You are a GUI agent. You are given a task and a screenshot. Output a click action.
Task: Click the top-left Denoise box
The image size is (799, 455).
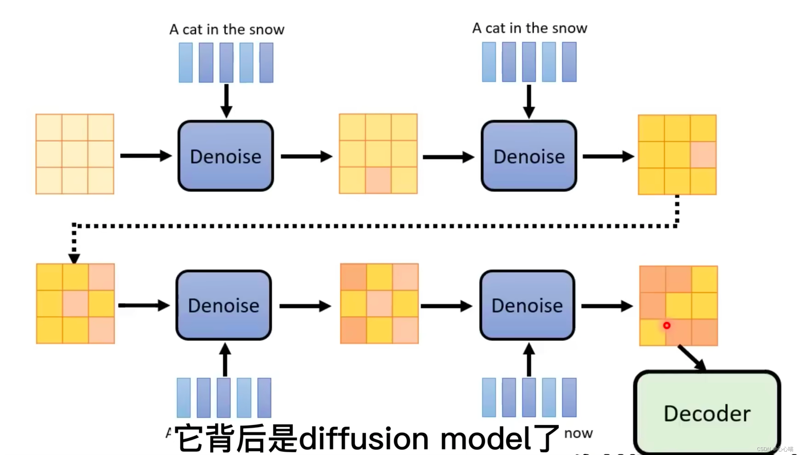225,156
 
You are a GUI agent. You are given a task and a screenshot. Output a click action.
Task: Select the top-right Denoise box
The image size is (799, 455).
529,156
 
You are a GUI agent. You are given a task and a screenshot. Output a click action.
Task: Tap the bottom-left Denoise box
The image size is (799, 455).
223,305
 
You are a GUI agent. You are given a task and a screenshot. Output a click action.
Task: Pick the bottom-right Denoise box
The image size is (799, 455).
527,305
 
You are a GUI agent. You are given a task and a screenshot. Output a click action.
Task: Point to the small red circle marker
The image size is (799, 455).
667,325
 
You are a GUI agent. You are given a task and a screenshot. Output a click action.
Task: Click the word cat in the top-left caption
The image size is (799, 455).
192,30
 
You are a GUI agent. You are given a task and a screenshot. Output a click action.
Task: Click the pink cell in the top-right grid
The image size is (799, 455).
703,155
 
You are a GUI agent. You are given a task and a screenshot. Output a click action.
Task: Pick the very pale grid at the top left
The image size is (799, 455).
75,154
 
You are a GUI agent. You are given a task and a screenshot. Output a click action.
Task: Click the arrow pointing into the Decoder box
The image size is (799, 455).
692,358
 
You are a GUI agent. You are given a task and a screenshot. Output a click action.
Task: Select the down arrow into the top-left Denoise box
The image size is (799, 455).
226,100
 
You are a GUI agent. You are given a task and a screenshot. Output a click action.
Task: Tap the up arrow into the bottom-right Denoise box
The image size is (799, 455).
529,360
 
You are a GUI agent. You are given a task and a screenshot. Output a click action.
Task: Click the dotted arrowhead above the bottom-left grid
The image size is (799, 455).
74,259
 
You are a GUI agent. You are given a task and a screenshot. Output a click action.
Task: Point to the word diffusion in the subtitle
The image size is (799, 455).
363,438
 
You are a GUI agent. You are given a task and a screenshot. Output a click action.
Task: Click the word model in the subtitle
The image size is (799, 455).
485,438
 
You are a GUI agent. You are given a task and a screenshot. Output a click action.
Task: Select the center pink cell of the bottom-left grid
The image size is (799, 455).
75,303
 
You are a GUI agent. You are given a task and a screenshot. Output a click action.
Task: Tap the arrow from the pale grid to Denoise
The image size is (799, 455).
146,156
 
